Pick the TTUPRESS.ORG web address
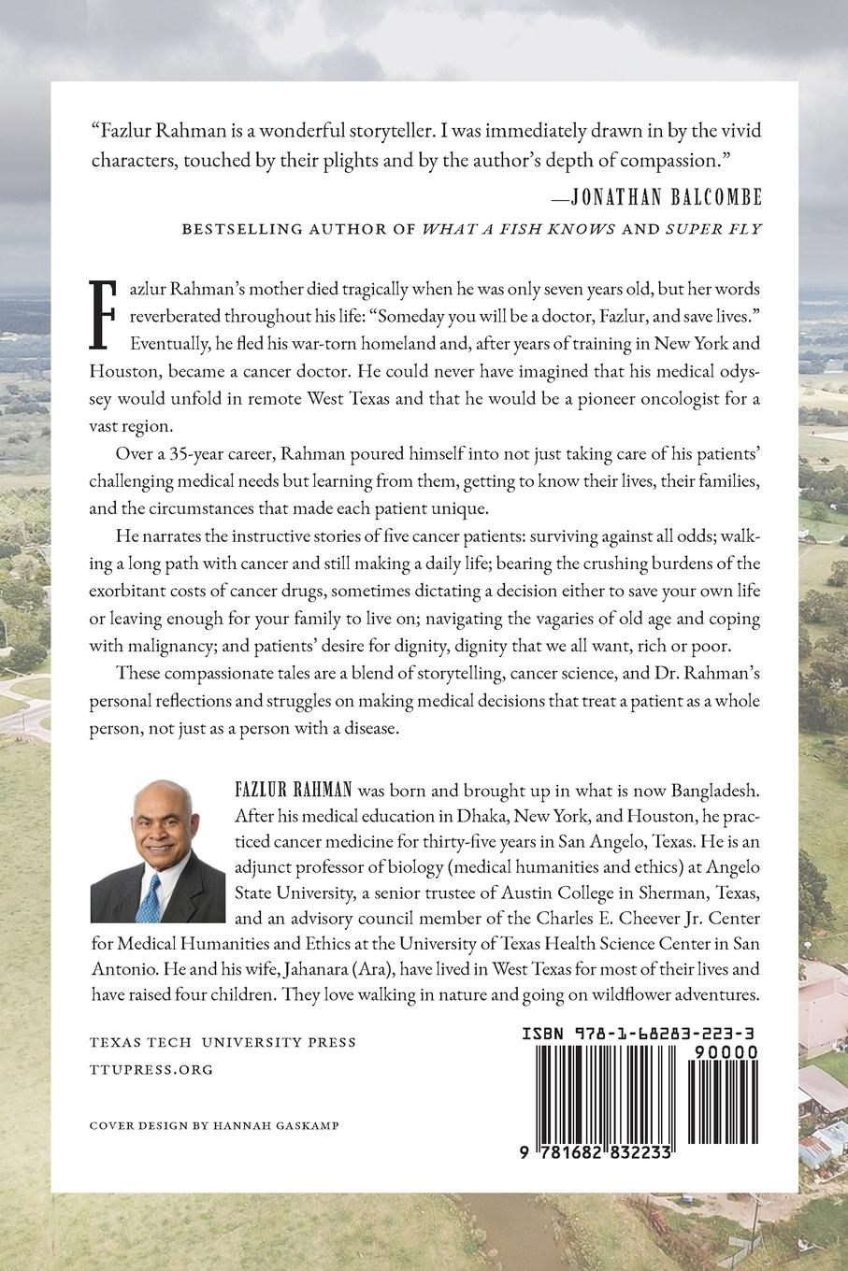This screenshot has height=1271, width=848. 151,1069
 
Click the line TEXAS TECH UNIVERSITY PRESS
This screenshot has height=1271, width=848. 223,1042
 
